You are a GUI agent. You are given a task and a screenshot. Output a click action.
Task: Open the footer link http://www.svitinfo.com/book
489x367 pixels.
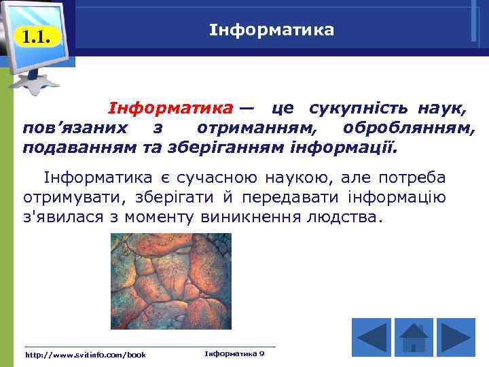pyautogui.click(x=85, y=355)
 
